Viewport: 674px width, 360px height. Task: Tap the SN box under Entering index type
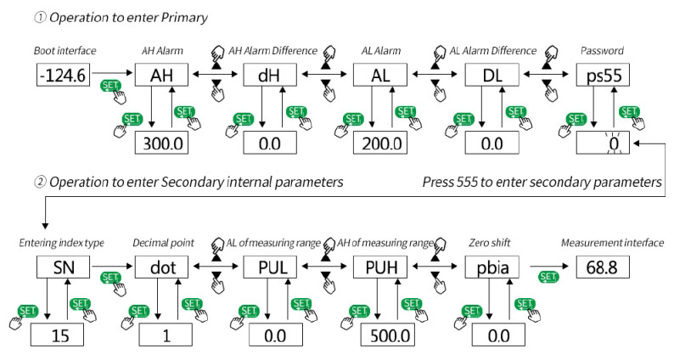tap(64, 267)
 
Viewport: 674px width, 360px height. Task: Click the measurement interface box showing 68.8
tap(604, 267)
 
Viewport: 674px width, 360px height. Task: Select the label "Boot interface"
tap(64, 51)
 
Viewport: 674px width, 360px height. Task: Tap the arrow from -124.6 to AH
tap(114, 75)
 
